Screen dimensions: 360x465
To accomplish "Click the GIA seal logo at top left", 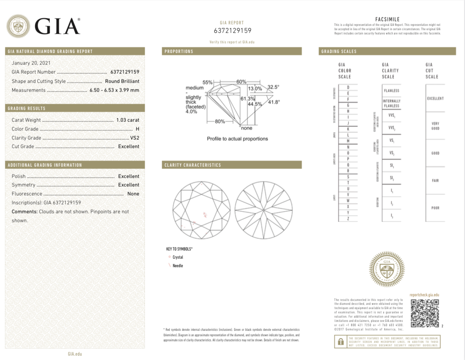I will (x=18, y=26).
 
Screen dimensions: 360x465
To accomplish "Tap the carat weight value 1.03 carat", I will (x=128, y=120).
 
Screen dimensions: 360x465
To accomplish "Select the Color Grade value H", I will (x=137, y=129).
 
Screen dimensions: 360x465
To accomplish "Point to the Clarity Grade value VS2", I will (x=135, y=138).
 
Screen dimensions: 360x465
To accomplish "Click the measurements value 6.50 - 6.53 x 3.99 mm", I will (x=114, y=90).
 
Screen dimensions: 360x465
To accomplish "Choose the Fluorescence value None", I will (x=133, y=194).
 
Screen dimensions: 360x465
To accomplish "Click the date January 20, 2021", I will (x=31, y=63).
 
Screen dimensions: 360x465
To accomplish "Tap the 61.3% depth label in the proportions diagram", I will (x=247, y=99).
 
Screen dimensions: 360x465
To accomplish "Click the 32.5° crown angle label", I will (x=273, y=87).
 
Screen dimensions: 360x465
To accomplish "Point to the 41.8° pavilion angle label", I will (x=274, y=102).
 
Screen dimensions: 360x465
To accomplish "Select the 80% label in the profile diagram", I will (x=220, y=121).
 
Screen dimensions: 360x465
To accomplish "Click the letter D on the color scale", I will (x=348, y=87).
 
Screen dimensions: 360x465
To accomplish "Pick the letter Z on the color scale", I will (x=348, y=219).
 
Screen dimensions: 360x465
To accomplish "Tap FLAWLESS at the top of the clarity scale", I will (x=391, y=91).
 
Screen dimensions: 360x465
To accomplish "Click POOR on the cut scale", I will (x=435, y=208).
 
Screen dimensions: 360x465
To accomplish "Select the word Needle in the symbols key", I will (x=178, y=266).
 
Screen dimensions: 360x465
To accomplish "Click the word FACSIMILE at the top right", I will (x=387, y=19).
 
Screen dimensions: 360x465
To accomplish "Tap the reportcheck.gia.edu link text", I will (x=424, y=295).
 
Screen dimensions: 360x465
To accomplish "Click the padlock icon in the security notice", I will (x=340, y=342).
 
